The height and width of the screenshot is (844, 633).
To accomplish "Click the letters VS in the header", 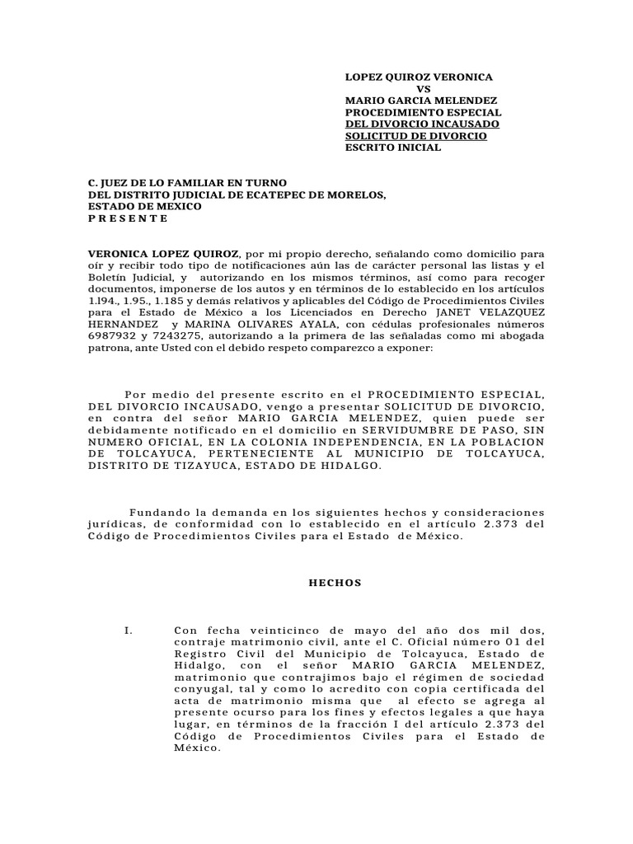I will tap(424, 88).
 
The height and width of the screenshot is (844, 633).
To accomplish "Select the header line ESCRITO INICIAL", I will tap(392, 148).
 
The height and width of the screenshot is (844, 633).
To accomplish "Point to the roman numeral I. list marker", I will tap(128, 631).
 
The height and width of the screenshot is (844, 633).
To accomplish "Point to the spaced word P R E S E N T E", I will tap(128, 218).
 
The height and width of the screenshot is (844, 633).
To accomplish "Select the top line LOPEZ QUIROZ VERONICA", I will tap(419, 77).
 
